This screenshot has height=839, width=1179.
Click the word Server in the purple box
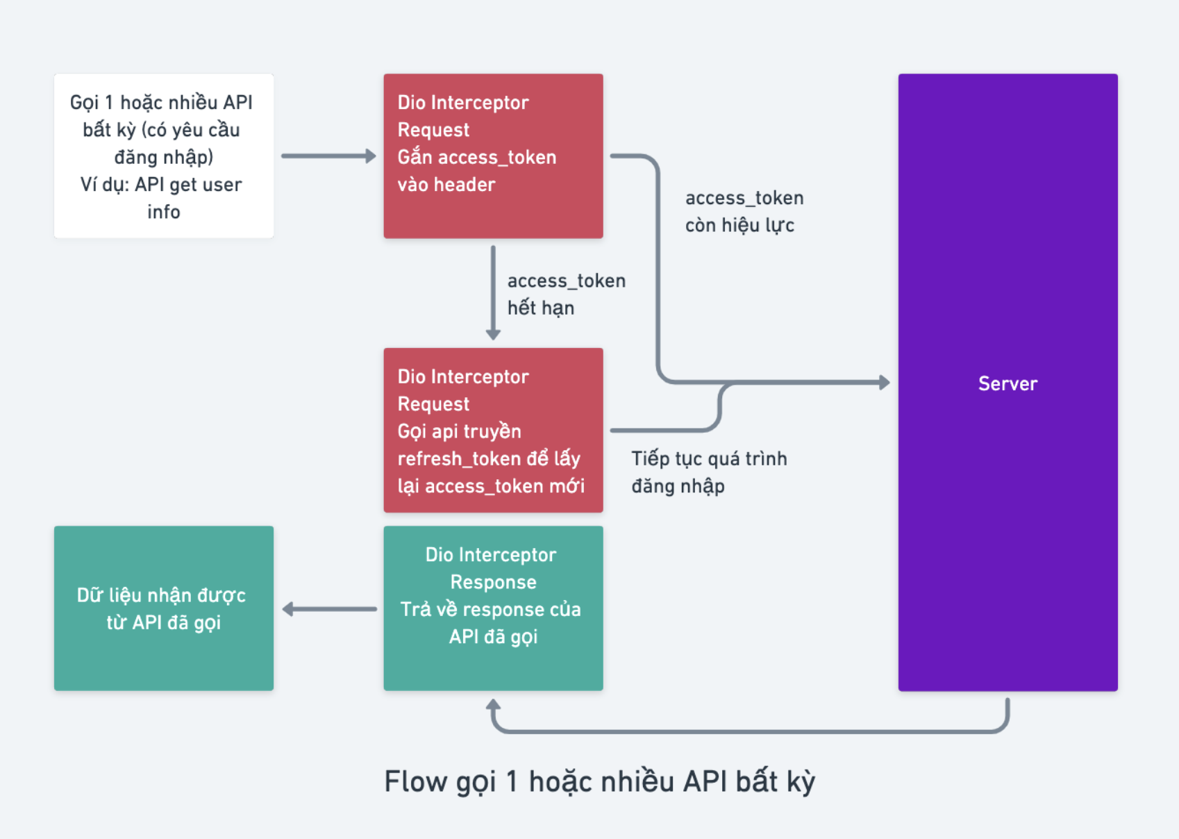tap(1007, 383)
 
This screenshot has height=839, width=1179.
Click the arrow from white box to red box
tap(328, 156)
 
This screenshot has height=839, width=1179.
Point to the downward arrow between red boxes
tap(493, 292)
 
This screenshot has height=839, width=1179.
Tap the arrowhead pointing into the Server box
tap(884, 382)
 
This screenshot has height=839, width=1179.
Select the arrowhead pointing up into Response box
tap(493, 706)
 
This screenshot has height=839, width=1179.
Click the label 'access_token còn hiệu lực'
tap(744, 212)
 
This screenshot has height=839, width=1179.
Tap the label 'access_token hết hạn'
tap(566, 294)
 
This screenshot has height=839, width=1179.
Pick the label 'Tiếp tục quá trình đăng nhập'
tap(708, 472)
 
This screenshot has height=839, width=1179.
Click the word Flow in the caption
tap(415, 781)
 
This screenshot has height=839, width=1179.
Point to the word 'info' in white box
tap(164, 212)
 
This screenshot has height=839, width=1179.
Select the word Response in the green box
tap(493, 582)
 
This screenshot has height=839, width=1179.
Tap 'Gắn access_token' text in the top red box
tap(476, 158)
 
